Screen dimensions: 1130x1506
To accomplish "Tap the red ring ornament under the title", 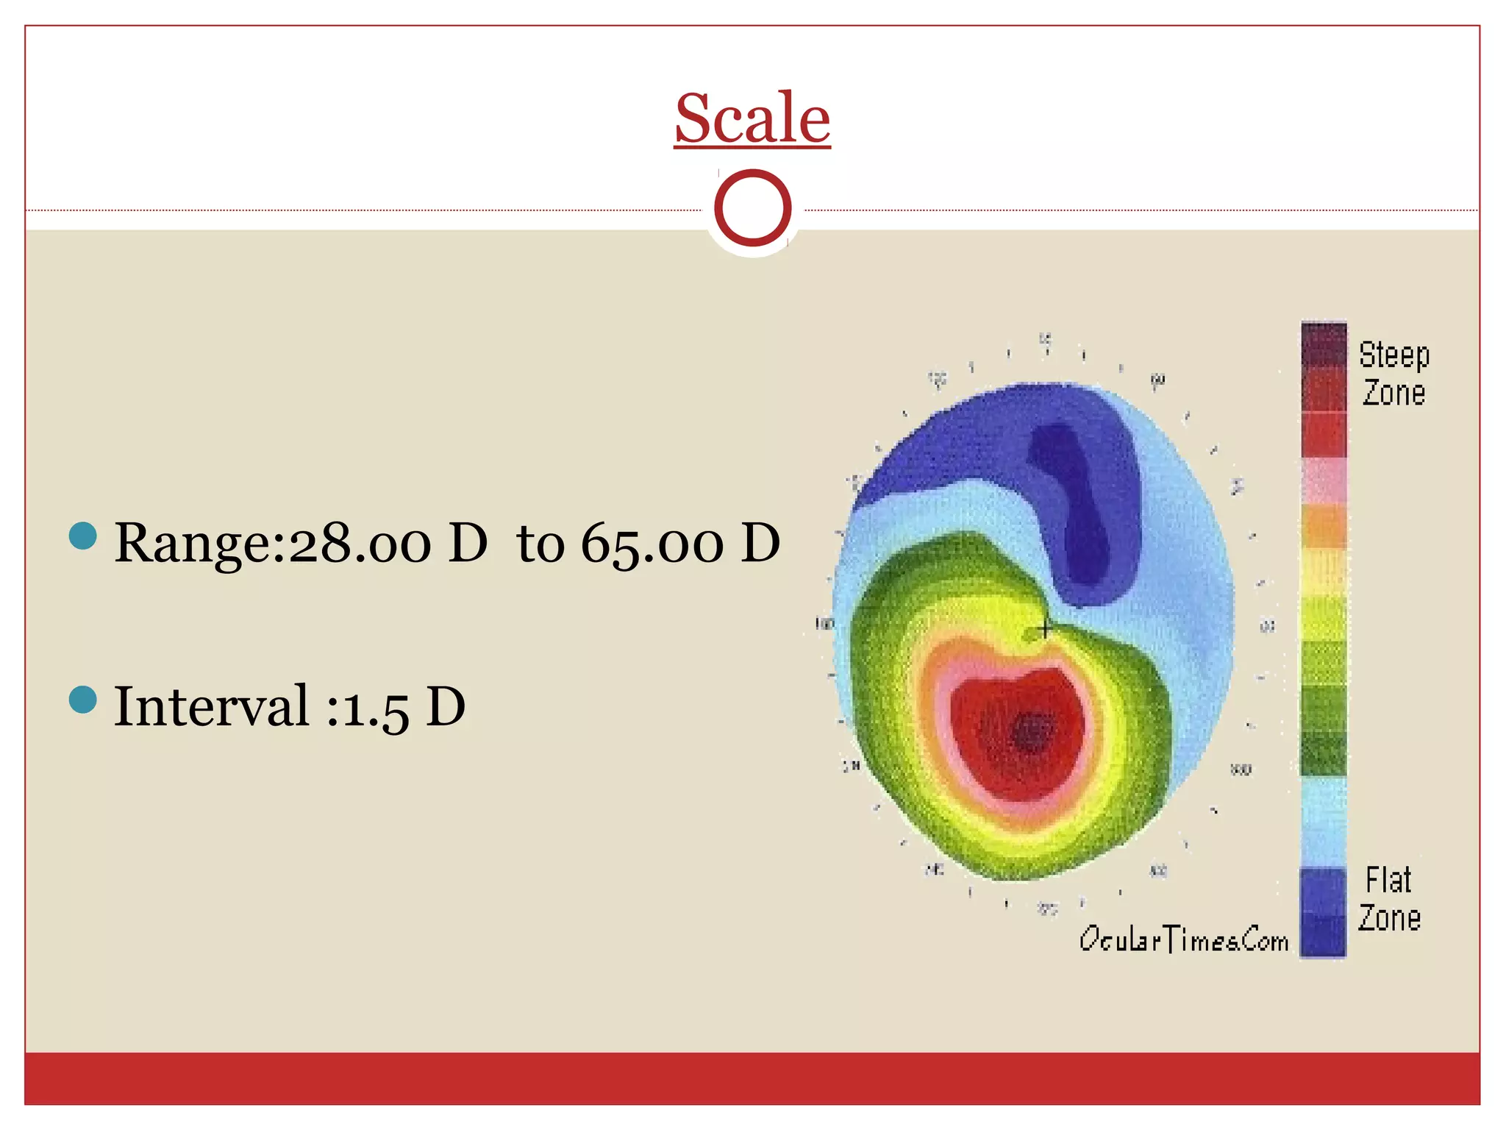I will point(752,207).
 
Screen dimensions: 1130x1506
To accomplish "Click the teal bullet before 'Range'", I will point(83,536).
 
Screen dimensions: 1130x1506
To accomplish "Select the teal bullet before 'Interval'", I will point(83,700).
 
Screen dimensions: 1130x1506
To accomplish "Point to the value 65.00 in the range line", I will point(652,544).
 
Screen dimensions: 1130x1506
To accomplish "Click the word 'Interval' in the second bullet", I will point(212,706).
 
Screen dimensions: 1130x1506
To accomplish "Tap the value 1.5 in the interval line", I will point(376,708).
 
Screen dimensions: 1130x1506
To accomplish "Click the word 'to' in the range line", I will point(540,544).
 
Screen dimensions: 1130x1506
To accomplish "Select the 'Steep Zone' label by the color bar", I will point(1393,374).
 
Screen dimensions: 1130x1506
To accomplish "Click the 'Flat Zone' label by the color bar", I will point(1389,898).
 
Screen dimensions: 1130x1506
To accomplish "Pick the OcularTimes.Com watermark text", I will point(1183,939).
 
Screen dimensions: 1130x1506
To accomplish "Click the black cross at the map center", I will point(1045,629).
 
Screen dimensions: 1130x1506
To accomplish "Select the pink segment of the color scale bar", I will point(1324,480).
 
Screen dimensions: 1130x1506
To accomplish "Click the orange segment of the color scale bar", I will point(1324,525).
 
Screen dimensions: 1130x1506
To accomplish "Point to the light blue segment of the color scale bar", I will point(1324,821).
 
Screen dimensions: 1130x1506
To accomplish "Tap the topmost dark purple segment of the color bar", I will point(1324,344).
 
